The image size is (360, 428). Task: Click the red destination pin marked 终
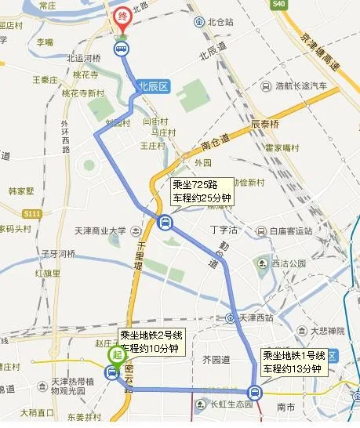[123, 18]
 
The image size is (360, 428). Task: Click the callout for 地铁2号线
[151, 342]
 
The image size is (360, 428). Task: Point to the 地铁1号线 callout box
[293, 362]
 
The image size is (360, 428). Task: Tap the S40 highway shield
[278, 5]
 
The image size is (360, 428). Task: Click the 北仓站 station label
[217, 22]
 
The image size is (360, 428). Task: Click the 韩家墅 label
[22, 190]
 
